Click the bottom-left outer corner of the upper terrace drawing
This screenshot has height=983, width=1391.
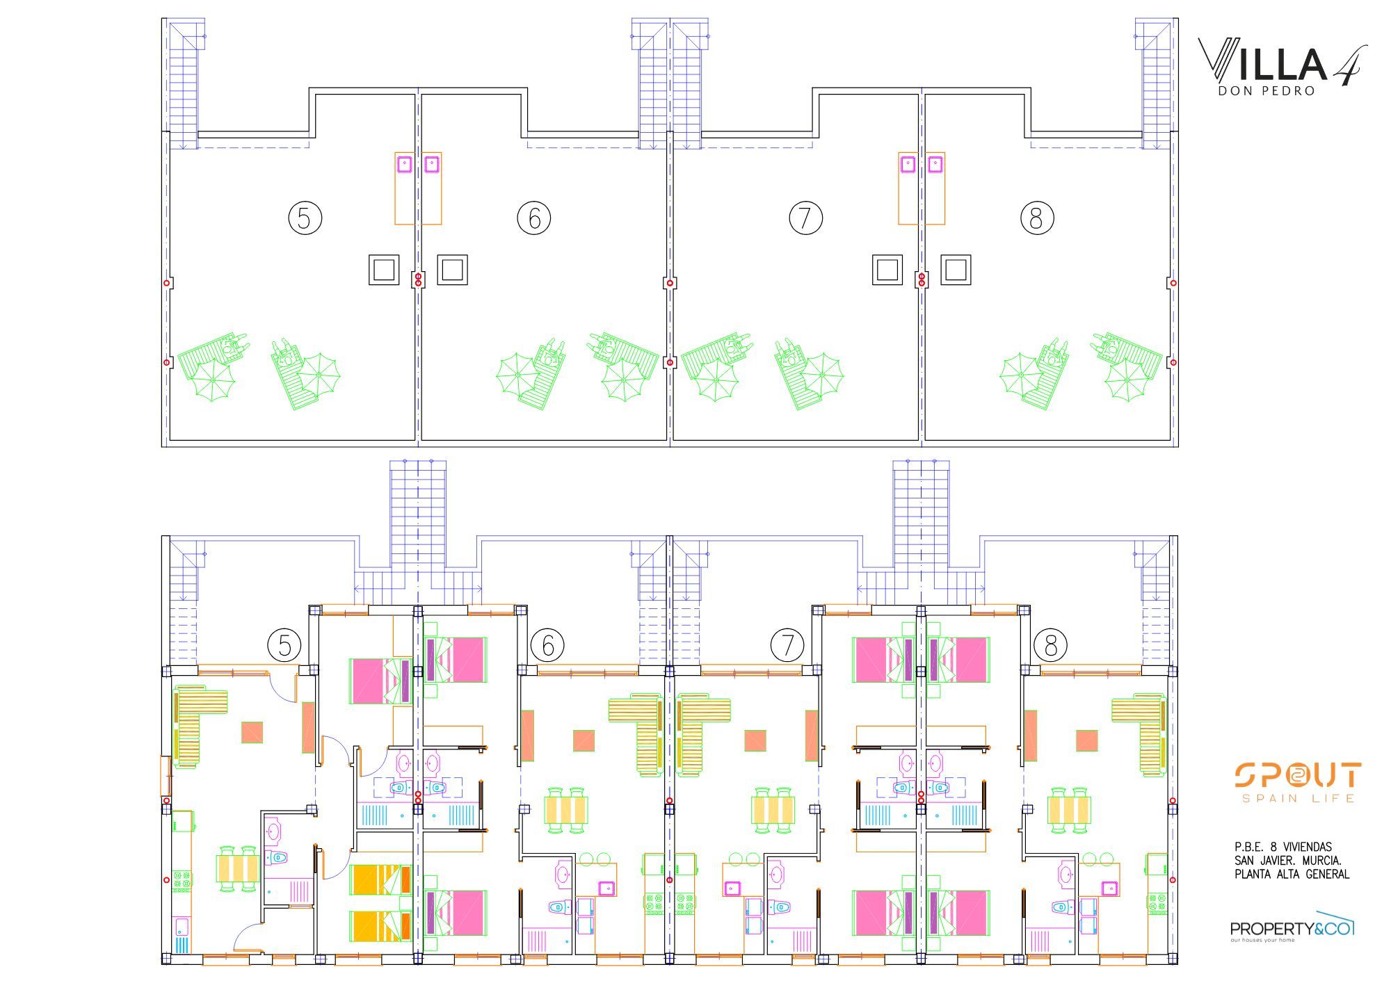coord(162,446)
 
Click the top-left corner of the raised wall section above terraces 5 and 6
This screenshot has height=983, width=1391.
coord(309,88)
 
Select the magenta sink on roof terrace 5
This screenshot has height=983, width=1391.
coord(404,164)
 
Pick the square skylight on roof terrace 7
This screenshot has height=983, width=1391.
coord(887,270)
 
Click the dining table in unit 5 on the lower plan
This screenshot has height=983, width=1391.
coord(238,868)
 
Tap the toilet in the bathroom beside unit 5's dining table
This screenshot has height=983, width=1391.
coord(278,858)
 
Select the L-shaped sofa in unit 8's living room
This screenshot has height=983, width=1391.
coord(1139,734)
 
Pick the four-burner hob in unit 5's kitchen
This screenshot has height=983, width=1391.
coord(182,881)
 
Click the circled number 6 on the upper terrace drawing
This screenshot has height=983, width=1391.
coord(534,218)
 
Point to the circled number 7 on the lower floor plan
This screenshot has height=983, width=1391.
coord(787,646)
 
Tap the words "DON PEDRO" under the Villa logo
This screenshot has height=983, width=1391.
coord(1267,91)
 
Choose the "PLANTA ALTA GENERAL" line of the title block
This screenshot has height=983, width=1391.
coord(1292,875)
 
